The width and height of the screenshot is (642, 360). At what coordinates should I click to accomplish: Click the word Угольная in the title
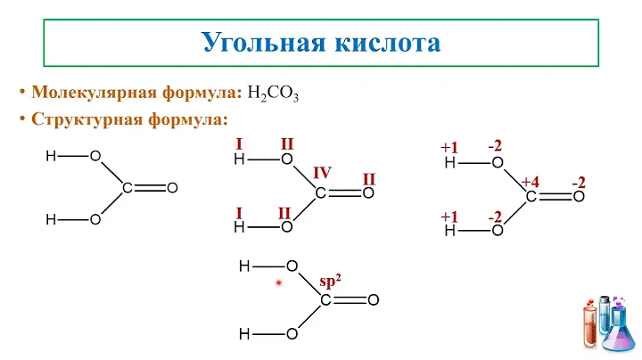(264, 43)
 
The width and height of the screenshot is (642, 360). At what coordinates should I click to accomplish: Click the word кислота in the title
(387, 43)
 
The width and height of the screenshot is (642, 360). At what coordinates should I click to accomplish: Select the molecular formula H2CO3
(273, 94)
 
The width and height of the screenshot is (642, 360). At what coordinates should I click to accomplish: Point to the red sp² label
(330, 282)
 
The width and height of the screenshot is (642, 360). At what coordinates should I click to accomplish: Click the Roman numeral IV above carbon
(322, 173)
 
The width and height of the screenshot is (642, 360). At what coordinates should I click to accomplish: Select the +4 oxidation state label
(531, 182)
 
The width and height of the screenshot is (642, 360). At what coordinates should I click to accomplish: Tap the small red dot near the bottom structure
(278, 282)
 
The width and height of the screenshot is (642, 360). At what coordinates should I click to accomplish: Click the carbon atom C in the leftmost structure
(128, 188)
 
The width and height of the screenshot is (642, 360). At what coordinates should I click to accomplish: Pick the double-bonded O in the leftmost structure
(172, 188)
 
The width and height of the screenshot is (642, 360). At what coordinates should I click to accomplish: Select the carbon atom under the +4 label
(531, 197)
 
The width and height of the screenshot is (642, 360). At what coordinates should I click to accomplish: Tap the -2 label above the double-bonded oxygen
(579, 183)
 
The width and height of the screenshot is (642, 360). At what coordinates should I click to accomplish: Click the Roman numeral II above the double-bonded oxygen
(369, 179)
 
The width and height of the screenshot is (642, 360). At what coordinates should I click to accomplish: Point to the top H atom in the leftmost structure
(51, 156)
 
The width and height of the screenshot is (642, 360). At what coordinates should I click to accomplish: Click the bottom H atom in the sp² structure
(244, 334)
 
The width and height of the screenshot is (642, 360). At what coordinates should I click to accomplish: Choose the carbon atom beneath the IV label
(321, 193)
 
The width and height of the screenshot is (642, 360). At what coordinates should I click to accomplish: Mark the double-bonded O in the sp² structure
(374, 300)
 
